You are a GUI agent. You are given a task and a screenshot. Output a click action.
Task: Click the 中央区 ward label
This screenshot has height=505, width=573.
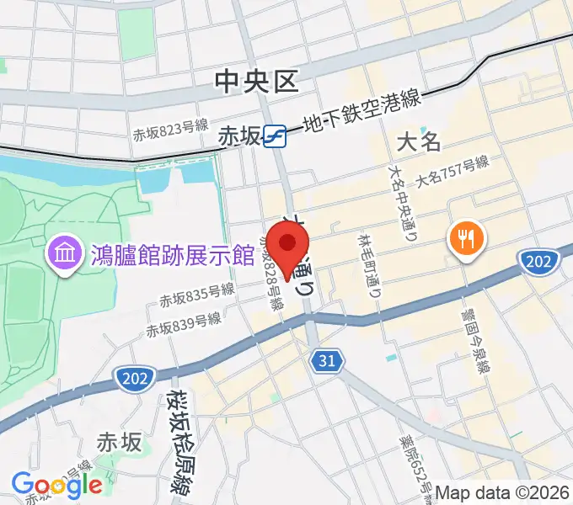pyautogui.click(x=256, y=82)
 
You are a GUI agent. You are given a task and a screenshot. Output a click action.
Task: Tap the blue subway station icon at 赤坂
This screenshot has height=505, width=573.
pyautogui.click(x=275, y=136)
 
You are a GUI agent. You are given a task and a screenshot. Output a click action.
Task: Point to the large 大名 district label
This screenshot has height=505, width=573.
pyautogui.click(x=419, y=141)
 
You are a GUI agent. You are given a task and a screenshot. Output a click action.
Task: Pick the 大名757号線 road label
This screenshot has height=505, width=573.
pyautogui.click(x=452, y=173)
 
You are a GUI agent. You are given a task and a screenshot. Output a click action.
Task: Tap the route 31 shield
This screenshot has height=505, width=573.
pyautogui.click(x=327, y=362)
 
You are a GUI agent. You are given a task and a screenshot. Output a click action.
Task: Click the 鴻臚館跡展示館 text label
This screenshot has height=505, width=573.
pyautogui.click(x=172, y=253)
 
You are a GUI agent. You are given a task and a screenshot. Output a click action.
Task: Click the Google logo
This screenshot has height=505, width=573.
pyautogui.click(x=56, y=486)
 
